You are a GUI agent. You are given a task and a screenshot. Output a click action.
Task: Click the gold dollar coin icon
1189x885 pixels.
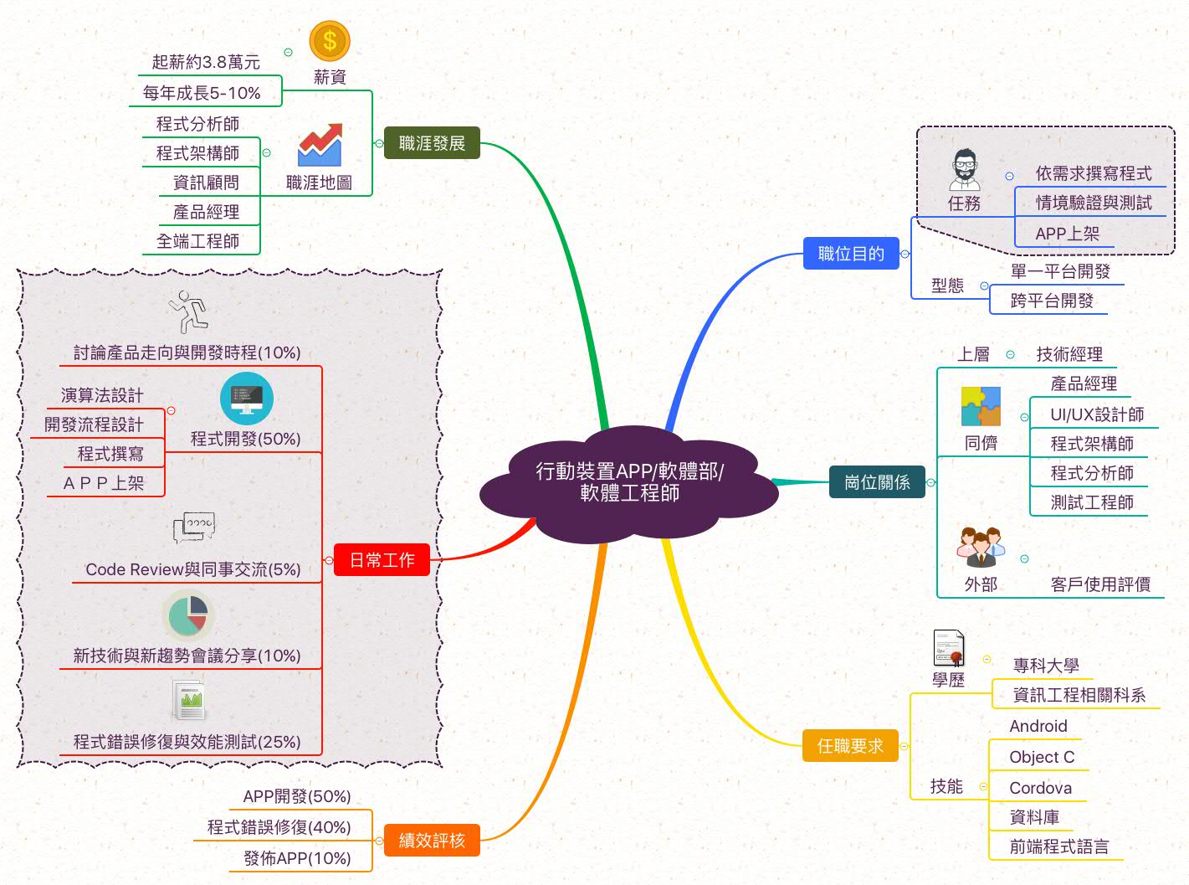[x=329, y=40]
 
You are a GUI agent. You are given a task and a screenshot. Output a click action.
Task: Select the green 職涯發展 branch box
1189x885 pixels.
[x=432, y=143]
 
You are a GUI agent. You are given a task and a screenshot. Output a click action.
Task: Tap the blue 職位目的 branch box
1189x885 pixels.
[x=851, y=254]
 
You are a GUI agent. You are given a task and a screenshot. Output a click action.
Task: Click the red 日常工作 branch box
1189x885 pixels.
[x=382, y=559]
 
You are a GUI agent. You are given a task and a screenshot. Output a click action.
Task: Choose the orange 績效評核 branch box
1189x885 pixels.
[x=432, y=840]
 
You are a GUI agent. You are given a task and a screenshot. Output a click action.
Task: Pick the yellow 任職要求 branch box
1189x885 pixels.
[x=850, y=745]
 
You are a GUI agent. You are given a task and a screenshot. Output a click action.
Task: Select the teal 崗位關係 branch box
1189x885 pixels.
[x=877, y=481]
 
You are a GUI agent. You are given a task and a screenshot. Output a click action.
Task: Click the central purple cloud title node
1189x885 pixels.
[x=629, y=483]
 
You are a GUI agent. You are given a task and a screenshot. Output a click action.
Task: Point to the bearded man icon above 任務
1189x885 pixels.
[x=964, y=170]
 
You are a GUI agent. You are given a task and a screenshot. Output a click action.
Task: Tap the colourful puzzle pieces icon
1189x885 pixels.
[x=981, y=406]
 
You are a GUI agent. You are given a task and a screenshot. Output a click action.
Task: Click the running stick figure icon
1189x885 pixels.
[x=187, y=311]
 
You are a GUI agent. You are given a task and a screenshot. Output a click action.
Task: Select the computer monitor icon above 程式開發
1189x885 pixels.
[x=247, y=399]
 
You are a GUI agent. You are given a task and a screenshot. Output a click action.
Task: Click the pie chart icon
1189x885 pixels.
[x=188, y=615]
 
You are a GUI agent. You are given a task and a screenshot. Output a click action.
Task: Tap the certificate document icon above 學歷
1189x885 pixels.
[x=949, y=648]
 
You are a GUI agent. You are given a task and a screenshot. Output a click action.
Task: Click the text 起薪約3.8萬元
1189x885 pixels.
[x=206, y=62]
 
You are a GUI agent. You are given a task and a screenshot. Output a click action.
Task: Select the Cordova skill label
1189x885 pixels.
[x=1040, y=788]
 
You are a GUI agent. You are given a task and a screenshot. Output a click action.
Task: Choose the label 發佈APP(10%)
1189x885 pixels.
[x=297, y=858]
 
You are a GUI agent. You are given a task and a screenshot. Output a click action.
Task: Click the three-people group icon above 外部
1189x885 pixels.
[x=980, y=547]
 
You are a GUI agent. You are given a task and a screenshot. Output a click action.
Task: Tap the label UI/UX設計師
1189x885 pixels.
[x=1097, y=414]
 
